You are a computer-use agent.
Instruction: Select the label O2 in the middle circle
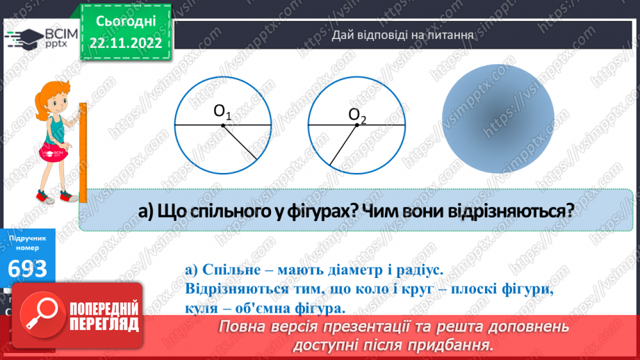point(357,114)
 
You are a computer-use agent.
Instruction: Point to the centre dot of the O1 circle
point(222,125)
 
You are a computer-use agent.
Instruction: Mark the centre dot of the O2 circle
point(357,125)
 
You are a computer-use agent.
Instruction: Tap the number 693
point(28,269)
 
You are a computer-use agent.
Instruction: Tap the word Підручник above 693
point(28,238)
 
